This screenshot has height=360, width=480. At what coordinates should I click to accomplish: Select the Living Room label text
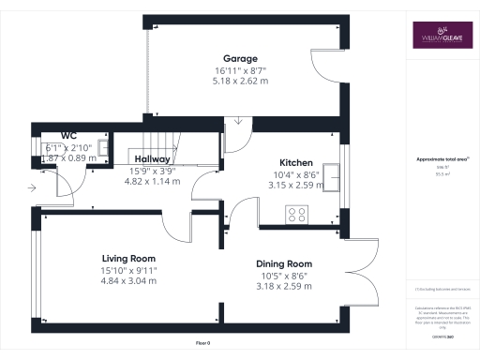pyautogui.click(x=128, y=258)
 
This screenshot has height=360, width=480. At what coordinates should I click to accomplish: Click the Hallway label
pyautogui.click(x=151, y=158)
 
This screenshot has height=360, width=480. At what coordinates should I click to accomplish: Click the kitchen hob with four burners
pyautogui.click(x=296, y=215)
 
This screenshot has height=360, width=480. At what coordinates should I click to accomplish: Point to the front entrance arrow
pyautogui.click(x=34, y=188)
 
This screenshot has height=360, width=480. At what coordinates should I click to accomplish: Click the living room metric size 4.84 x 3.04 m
pyautogui.click(x=128, y=280)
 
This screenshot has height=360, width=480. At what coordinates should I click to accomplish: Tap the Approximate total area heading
pyautogui.click(x=441, y=159)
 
